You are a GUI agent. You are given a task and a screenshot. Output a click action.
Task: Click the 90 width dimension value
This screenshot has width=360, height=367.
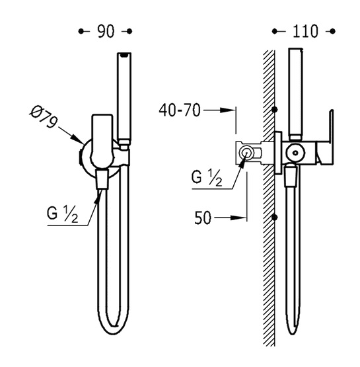(106, 31)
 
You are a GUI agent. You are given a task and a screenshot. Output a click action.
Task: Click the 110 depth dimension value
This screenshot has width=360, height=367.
(305, 31)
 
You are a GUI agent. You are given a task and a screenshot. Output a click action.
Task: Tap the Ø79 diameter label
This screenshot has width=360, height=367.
(44, 116)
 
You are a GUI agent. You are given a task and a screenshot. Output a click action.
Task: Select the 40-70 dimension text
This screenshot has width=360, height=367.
(180, 110)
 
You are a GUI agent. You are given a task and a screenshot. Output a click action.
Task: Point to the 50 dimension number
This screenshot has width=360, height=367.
(203, 218)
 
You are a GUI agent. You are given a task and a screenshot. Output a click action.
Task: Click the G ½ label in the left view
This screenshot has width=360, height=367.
(62, 214)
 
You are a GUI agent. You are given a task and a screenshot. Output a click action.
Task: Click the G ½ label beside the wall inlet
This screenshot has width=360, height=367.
(206, 178)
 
